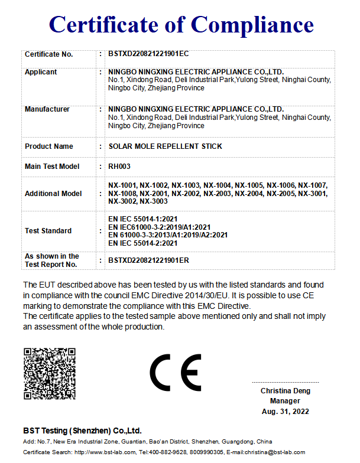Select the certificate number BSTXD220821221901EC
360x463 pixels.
coord(148,54)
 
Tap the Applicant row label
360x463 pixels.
coord(41,72)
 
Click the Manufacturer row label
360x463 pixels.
coord(47,109)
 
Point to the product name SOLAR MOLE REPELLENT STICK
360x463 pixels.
coord(166,146)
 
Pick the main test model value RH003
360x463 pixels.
coord(119,167)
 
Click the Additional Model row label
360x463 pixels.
coord(53,194)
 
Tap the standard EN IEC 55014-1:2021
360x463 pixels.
coord(143,219)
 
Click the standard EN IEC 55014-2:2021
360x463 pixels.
coord(143,243)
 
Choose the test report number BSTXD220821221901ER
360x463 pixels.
coord(148,260)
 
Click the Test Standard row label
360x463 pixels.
coord(48,231)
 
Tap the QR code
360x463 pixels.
coord(50,374)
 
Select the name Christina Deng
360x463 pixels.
coord(286,391)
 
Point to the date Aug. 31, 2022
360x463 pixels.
coord(286,412)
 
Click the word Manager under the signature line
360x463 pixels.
coord(286,402)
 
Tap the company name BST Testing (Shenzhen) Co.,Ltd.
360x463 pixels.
coord(82,431)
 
